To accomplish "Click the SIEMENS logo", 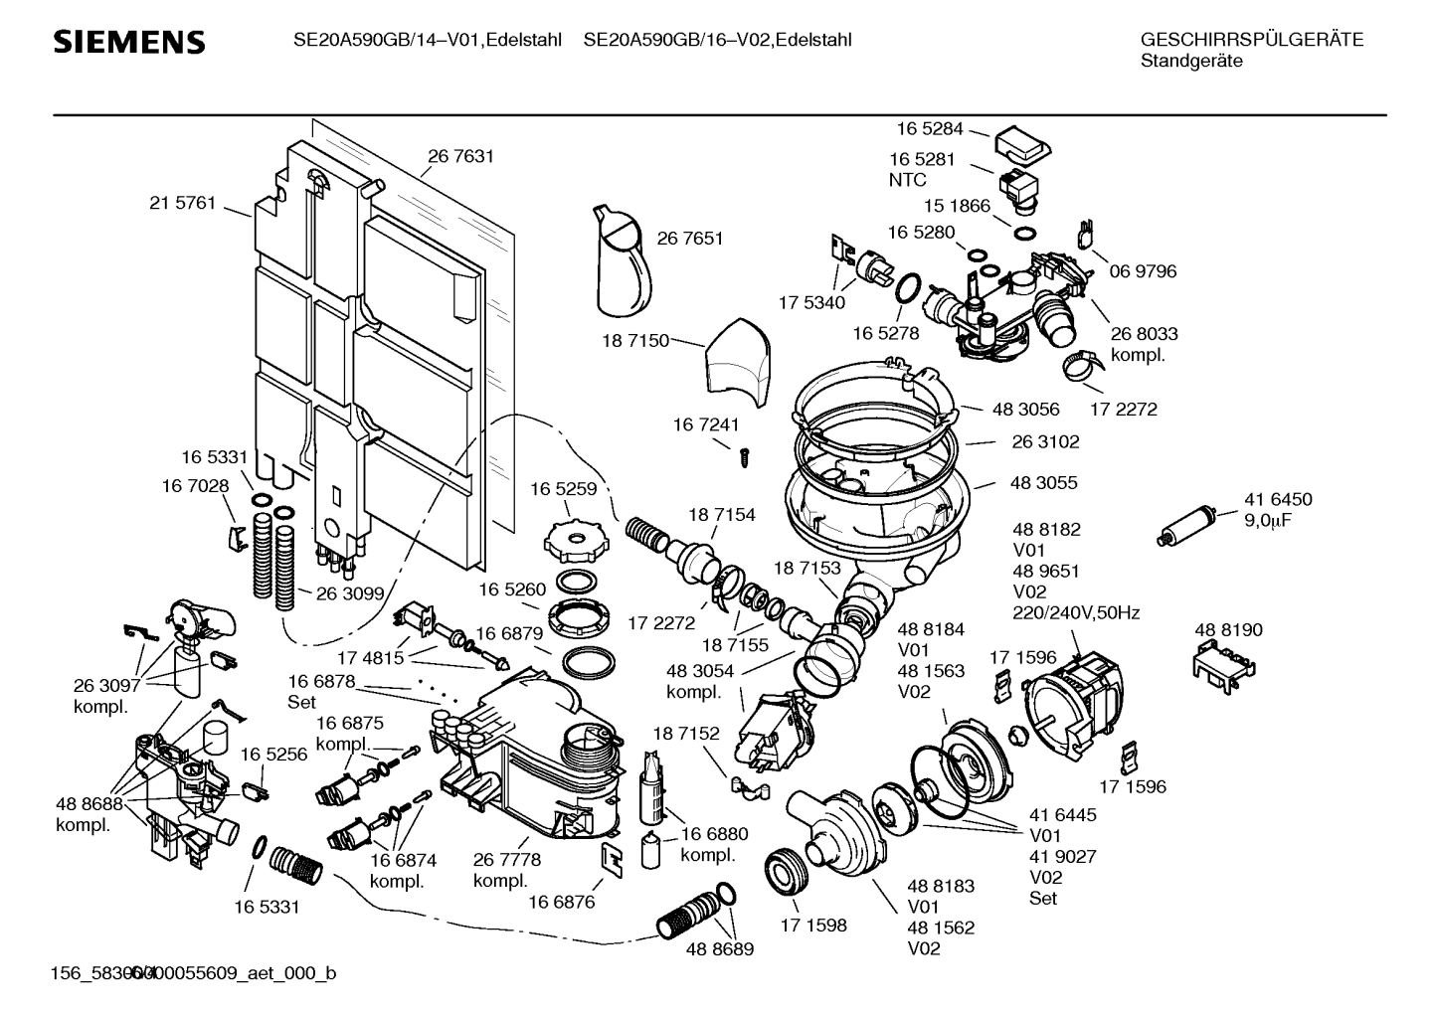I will coord(129,42).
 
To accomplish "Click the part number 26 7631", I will coord(460,156).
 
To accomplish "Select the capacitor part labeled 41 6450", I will coord(1189,525).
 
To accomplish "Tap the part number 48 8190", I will coord(1228,629).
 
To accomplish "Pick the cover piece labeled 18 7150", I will coord(737,363).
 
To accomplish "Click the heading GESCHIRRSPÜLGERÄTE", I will coord(1251,40).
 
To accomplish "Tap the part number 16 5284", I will coord(930,128).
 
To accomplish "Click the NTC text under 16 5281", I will coord(907,180).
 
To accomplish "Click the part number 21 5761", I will coord(182,203).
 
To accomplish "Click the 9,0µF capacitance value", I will coord(1269,520).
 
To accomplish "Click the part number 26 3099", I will coord(350,593).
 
